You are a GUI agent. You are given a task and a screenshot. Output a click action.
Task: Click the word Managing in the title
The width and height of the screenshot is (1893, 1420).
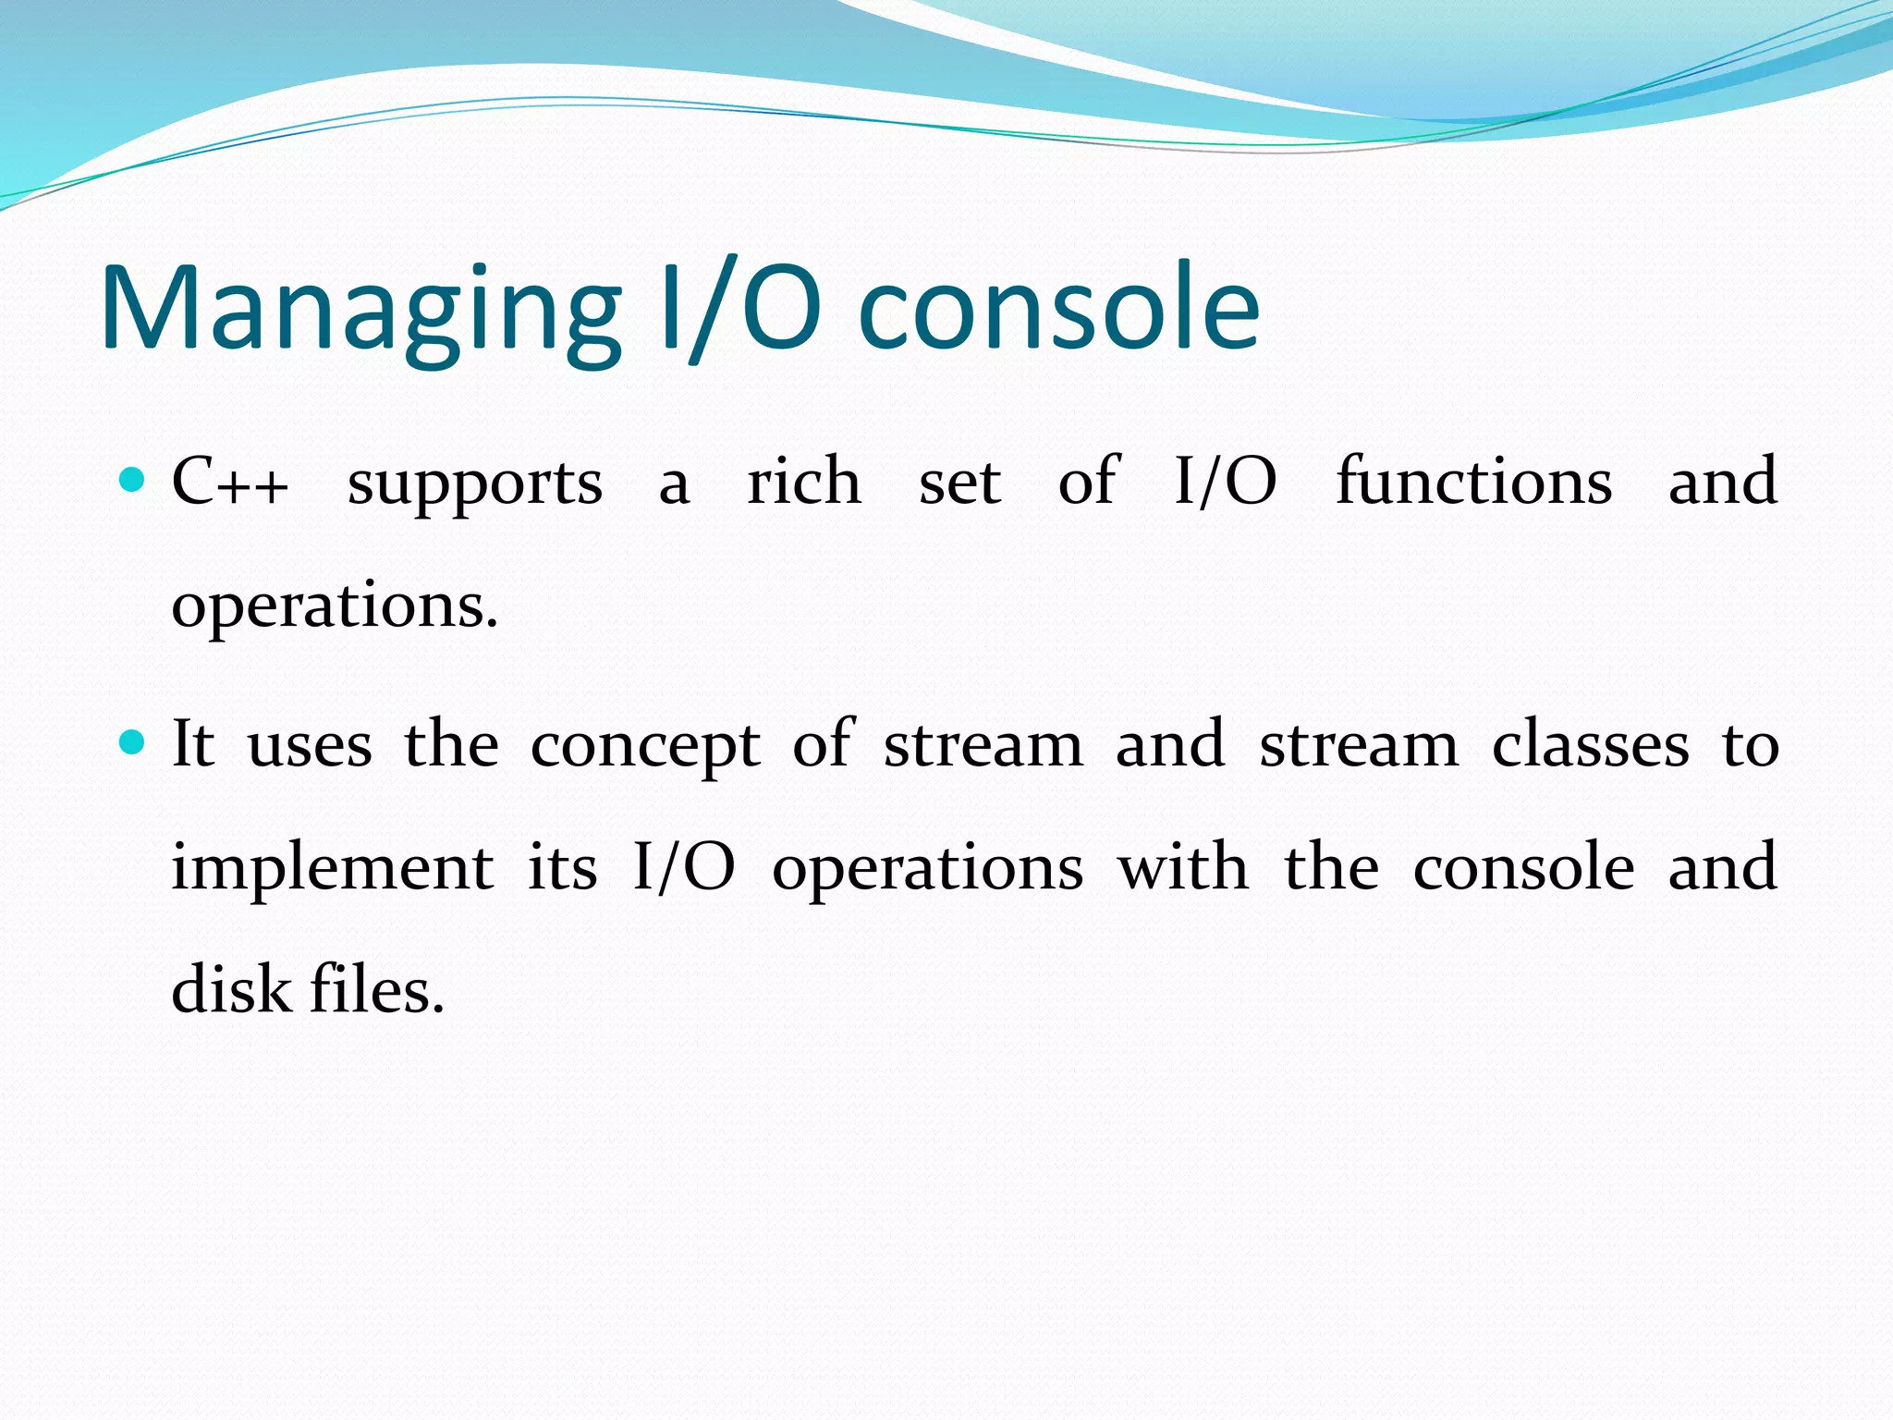[x=360, y=310]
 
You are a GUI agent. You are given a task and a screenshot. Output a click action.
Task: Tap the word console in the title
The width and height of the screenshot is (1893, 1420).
[x=1058, y=310]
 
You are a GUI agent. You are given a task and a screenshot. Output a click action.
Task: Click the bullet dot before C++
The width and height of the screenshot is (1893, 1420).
[x=133, y=480]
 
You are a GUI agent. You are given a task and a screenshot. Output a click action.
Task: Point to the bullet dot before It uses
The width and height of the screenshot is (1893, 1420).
[x=133, y=742]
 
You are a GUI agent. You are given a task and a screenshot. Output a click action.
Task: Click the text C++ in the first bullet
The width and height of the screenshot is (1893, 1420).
[x=230, y=483]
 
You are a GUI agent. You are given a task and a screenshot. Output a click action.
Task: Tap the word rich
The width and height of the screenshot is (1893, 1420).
[x=803, y=483]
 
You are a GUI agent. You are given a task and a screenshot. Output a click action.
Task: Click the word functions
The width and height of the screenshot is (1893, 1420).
[x=1473, y=483]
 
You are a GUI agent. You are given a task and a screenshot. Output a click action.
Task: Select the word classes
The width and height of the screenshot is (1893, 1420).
[x=1590, y=745]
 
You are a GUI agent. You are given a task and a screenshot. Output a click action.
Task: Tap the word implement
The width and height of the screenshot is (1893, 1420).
[x=333, y=870]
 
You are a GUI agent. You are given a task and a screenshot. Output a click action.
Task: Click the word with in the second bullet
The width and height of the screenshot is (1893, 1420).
[x=1182, y=868]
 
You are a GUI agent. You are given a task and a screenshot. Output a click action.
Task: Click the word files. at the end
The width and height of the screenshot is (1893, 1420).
[x=377, y=990]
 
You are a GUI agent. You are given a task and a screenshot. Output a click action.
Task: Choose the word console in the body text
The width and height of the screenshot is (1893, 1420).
[x=1523, y=868]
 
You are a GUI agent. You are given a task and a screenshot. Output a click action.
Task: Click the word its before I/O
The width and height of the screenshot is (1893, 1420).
[x=562, y=868]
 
